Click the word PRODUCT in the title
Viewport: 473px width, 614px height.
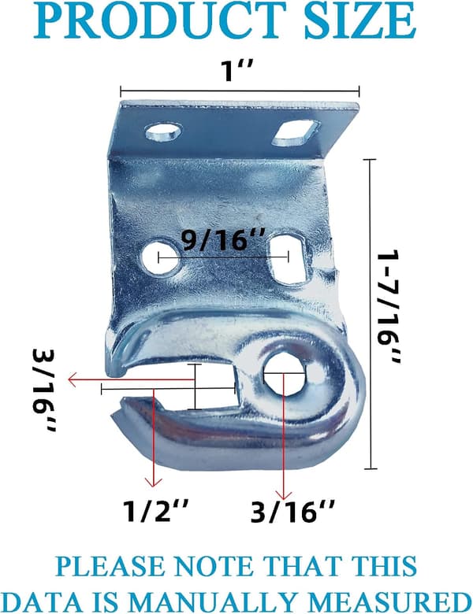[x=161, y=20]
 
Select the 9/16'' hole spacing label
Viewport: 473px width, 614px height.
[x=221, y=240]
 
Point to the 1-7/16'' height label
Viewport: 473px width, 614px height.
[x=389, y=308]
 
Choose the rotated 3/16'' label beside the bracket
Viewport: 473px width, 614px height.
[x=44, y=390]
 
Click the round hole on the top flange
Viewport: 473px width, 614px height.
[x=164, y=131]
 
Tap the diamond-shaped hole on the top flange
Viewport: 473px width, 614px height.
[x=296, y=134]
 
